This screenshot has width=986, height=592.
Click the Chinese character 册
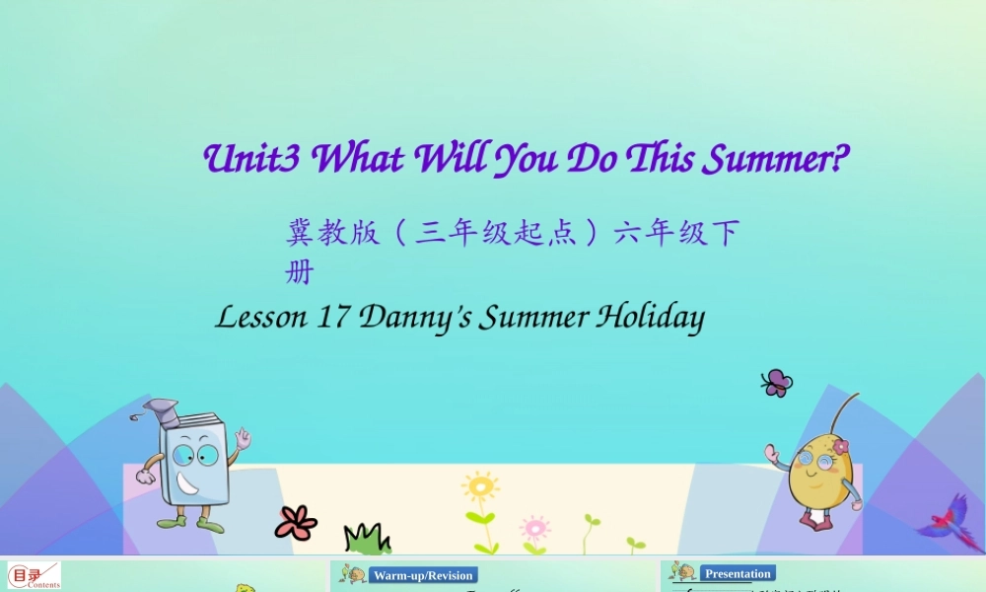pos(299,272)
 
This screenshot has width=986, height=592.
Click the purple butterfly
pos(777,383)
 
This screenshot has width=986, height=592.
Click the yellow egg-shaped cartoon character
pos(817,474)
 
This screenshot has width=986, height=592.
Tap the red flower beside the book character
pos(295,522)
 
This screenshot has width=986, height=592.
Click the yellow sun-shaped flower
pos(480,488)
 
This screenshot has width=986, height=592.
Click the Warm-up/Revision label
pos(423,575)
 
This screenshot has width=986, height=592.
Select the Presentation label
pos(738,573)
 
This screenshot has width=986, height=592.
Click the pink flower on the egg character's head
pos(840,447)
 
